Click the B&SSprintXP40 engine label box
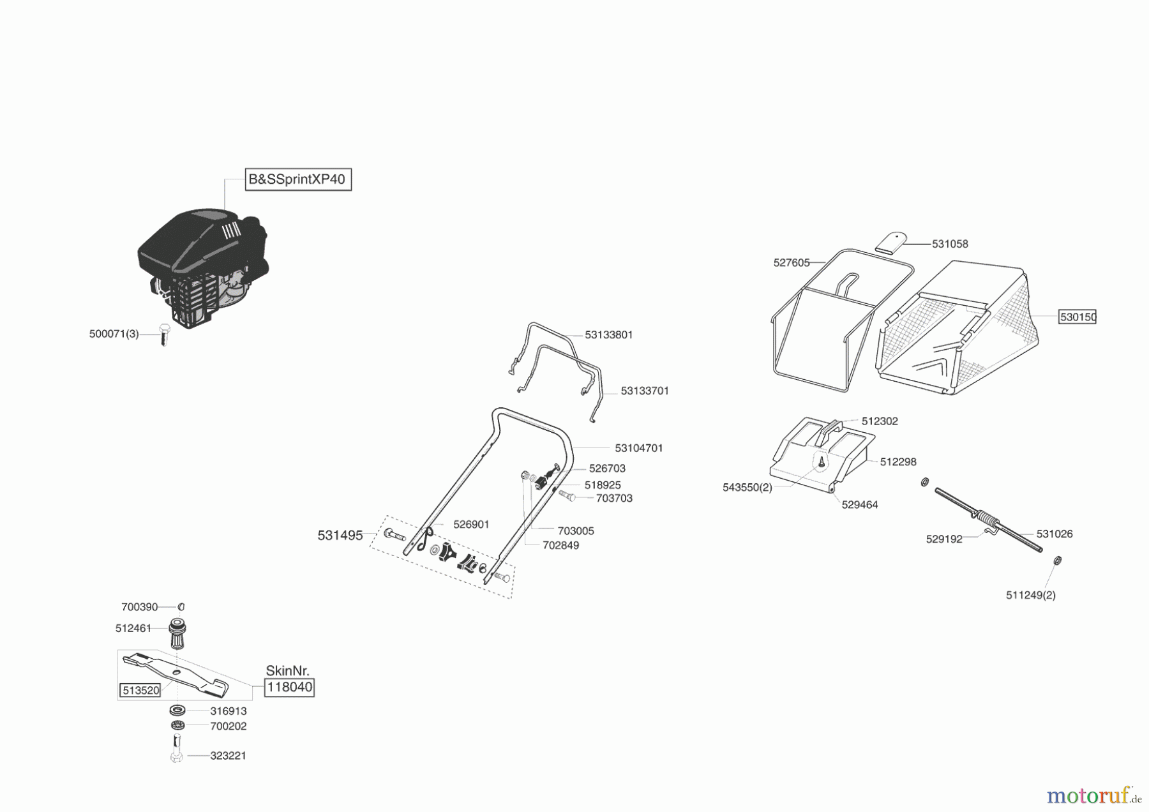(298, 179)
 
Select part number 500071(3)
(114, 334)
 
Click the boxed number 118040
(289, 687)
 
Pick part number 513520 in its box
(140, 690)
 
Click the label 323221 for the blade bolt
(228, 755)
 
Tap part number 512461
(133, 628)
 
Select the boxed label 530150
(1078, 317)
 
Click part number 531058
(950, 244)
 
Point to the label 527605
(791, 262)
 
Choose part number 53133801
(608, 335)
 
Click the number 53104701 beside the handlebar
(638, 448)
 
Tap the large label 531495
(340, 536)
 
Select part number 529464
(859, 504)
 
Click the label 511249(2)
(1030, 595)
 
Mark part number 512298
(897, 462)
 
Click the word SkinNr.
(287, 670)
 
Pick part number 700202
(228, 726)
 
